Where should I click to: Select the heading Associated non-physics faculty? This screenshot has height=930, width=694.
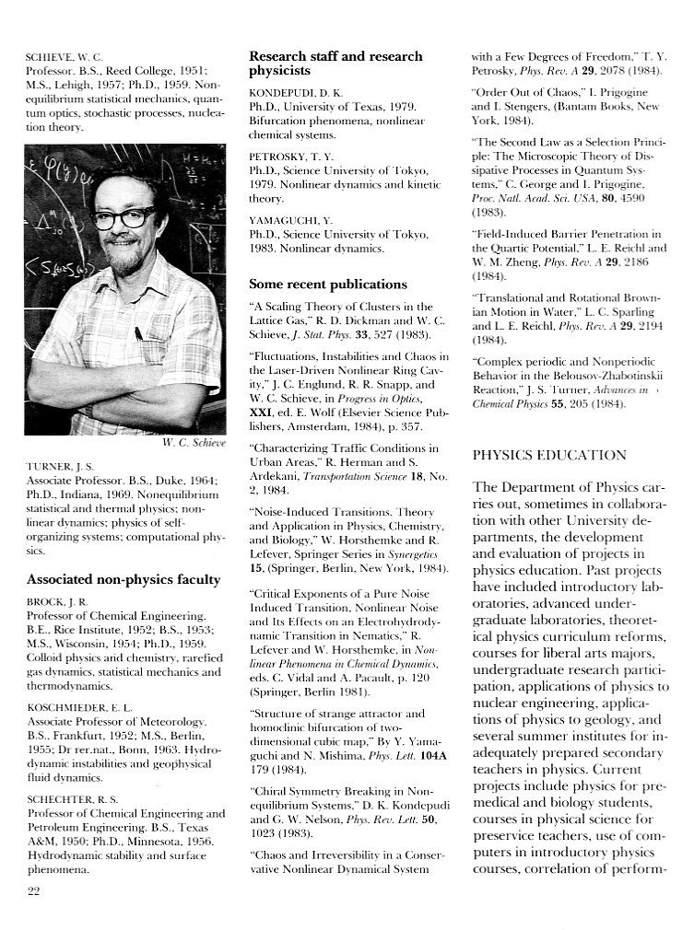124,579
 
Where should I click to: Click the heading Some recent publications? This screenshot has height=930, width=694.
327,284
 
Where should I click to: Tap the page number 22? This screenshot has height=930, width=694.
35,889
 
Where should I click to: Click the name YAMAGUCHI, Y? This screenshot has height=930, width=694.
289,221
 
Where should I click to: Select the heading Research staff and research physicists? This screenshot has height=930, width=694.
335,64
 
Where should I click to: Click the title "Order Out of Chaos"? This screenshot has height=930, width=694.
523,93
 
